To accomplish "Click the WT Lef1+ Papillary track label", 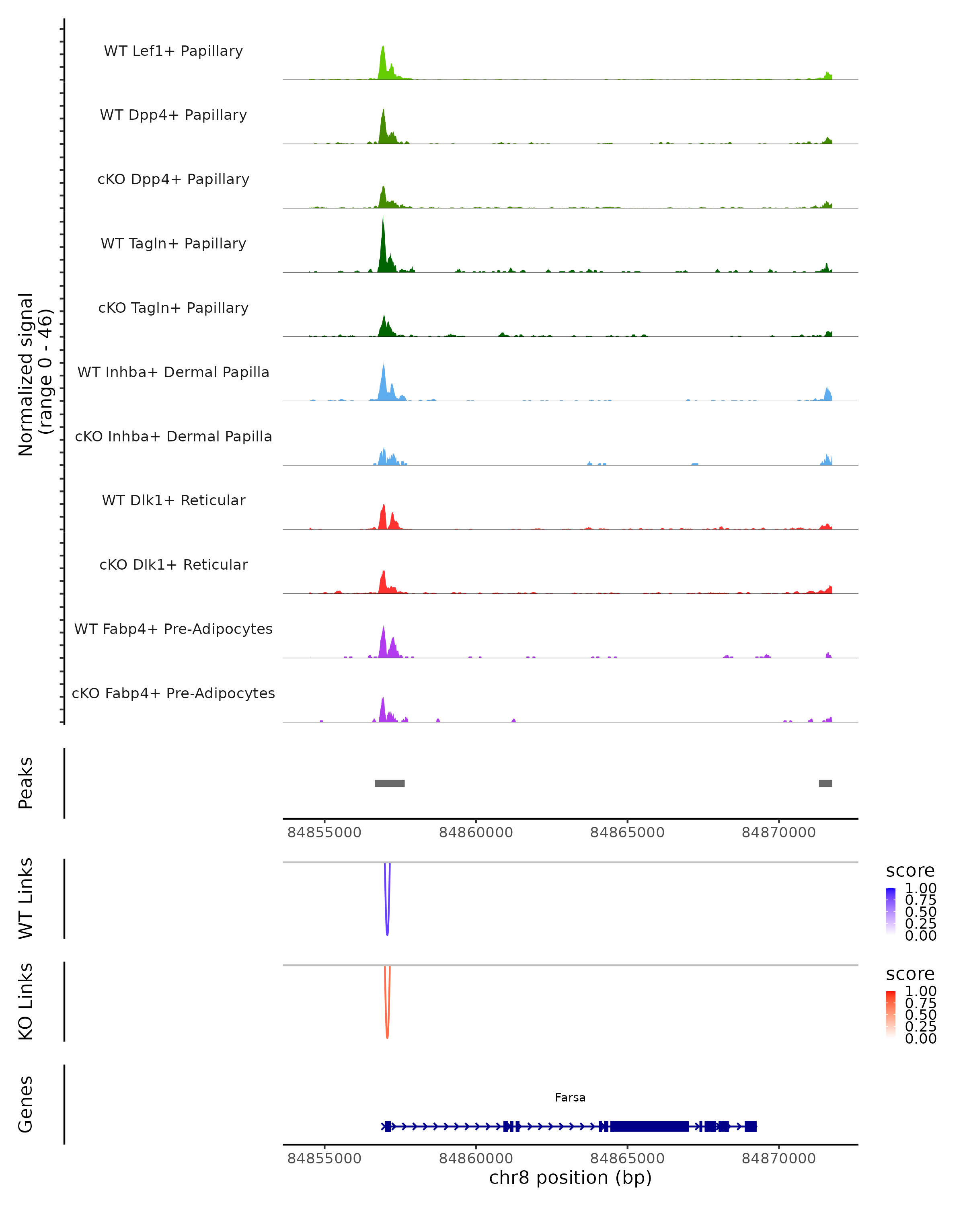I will pos(173,51).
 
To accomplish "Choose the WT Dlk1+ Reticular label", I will pos(173,500).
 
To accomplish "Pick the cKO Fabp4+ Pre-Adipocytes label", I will pos(173,693).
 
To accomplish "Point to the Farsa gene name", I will pos(570,1097).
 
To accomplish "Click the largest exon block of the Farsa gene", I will pos(649,1126).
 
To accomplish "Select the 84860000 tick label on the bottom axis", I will pos(476,1159).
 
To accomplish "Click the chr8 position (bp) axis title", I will pos(570,1177).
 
